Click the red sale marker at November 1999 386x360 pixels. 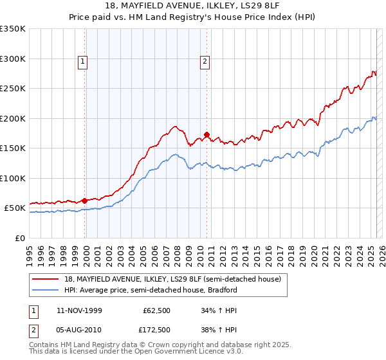coord(85,201)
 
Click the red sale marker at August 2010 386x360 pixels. coord(207,135)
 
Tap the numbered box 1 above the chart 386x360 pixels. coord(84,62)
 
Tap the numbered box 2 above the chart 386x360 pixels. coord(205,62)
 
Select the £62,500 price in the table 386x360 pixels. coord(155,310)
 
